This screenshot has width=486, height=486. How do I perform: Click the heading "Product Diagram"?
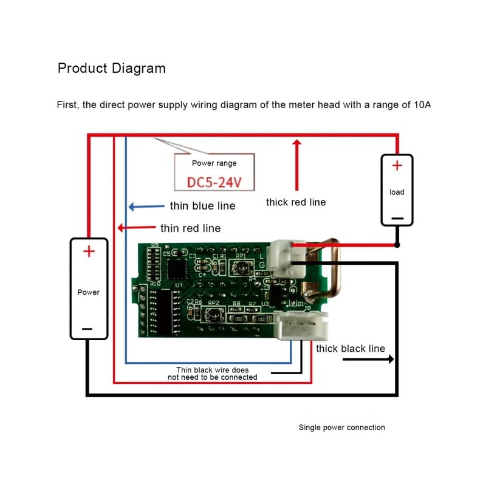pyautogui.click(x=111, y=67)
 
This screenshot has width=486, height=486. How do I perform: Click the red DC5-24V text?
pyautogui.click(x=214, y=181)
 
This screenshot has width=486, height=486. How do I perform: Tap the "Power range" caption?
pyautogui.click(x=214, y=163)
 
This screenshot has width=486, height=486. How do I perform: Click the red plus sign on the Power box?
pyautogui.click(x=89, y=251)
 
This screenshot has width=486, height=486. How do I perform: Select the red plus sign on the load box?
pyautogui.click(x=397, y=165)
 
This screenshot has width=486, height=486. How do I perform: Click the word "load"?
pyautogui.click(x=397, y=192)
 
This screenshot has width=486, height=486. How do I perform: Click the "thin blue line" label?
pyautogui.click(x=202, y=206)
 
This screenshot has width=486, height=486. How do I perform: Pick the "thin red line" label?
pyautogui.click(x=190, y=228)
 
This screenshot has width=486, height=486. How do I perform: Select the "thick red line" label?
pyautogui.click(x=296, y=202)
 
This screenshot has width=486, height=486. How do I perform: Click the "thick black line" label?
pyautogui.click(x=351, y=349)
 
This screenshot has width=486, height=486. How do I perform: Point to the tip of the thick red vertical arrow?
pyautogui.click(x=297, y=142)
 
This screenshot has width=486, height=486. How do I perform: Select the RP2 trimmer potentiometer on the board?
pyautogui.click(x=213, y=315)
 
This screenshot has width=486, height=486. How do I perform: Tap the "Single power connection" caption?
pyautogui.click(x=341, y=428)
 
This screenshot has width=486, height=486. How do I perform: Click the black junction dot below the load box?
pyautogui.click(x=397, y=245)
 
